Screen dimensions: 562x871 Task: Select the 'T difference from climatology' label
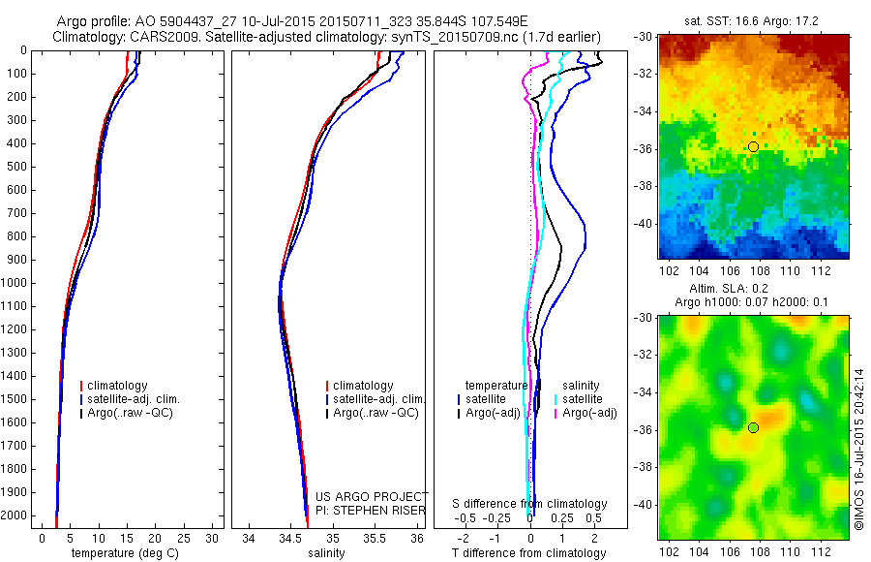click(528, 553)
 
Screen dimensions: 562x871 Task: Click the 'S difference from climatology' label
click(530, 504)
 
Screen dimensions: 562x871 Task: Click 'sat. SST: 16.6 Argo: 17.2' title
click(752, 22)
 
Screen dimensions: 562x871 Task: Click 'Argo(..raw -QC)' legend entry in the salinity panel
click(375, 413)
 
